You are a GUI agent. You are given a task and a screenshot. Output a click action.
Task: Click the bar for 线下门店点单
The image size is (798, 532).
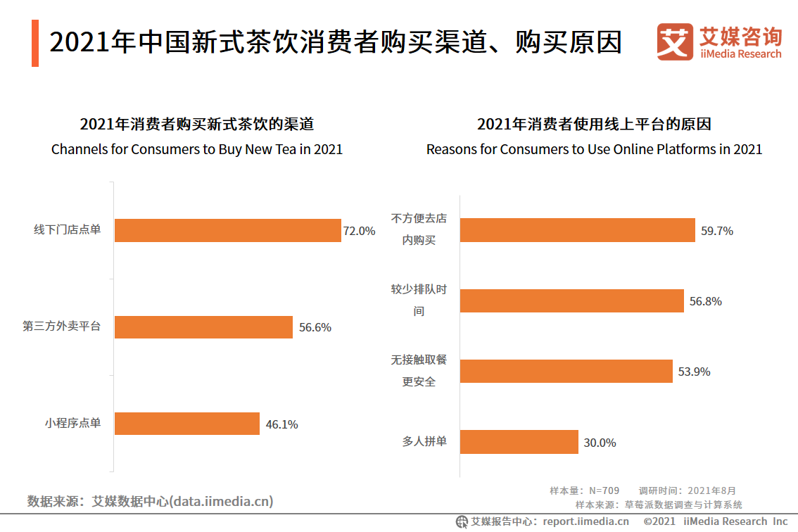pos(227,230)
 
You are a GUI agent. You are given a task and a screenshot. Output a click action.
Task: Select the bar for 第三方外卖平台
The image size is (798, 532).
pos(203,327)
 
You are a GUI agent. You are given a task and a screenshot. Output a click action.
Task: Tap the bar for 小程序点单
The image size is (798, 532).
pos(187,424)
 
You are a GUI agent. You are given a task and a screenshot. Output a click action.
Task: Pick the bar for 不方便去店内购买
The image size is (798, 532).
pos(578,230)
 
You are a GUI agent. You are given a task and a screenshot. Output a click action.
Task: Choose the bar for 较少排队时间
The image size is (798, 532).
pos(572,300)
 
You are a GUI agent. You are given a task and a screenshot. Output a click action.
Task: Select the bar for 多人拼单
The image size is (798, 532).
pos(519,442)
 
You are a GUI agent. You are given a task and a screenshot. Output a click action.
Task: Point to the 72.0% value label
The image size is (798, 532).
pos(359,231)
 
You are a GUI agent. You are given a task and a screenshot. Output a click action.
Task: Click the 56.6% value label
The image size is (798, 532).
pos(315,327)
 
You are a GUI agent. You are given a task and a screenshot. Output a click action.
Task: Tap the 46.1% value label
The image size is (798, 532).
pos(281,424)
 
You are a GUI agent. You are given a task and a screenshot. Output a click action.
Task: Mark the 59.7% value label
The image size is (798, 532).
pos(716,231)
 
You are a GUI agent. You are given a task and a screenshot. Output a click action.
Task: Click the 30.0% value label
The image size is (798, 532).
pos(600,443)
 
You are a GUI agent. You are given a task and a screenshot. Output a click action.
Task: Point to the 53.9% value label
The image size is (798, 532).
pos(694,372)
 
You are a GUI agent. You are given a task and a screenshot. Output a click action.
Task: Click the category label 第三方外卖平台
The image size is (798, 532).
pos(62,327)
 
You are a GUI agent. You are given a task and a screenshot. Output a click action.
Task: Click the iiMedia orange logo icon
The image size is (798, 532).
pos(674,42)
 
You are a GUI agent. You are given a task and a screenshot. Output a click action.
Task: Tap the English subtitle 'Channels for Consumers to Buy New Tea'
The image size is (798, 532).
pos(197,149)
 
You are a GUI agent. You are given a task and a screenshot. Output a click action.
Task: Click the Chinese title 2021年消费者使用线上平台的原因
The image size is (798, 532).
pos(594,125)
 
